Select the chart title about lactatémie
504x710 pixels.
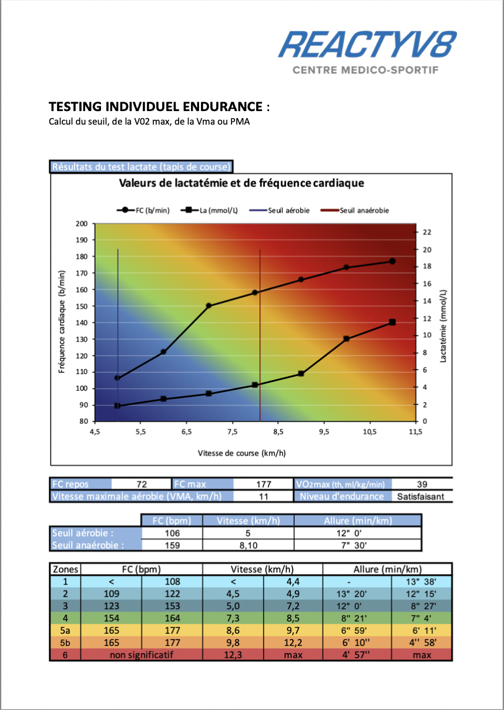tap(241, 183)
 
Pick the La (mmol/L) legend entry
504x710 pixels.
tap(211, 210)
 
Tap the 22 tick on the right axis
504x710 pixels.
tap(428, 232)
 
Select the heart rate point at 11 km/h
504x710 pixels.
tap(392, 261)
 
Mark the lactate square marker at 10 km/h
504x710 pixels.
tap(347, 339)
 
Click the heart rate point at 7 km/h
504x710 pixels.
tap(209, 306)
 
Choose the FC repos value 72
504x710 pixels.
tap(141, 484)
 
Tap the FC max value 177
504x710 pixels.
tap(264, 484)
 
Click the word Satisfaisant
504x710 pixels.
tap(420, 497)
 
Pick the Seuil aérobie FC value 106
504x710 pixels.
tap(172, 533)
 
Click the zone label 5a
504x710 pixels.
tap(65, 631)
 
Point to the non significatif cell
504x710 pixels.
tap(141, 655)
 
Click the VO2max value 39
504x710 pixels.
tap(422, 484)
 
